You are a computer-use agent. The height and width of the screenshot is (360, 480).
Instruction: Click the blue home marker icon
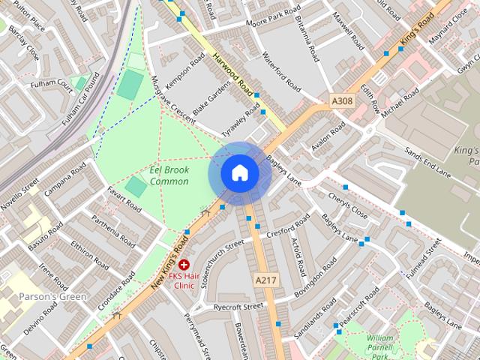239,173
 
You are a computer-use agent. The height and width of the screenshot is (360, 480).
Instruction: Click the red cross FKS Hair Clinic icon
184,265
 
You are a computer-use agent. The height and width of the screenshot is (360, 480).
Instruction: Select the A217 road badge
265,280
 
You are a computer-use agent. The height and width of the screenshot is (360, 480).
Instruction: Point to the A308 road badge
341,100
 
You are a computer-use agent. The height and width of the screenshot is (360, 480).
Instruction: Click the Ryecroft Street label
238,306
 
